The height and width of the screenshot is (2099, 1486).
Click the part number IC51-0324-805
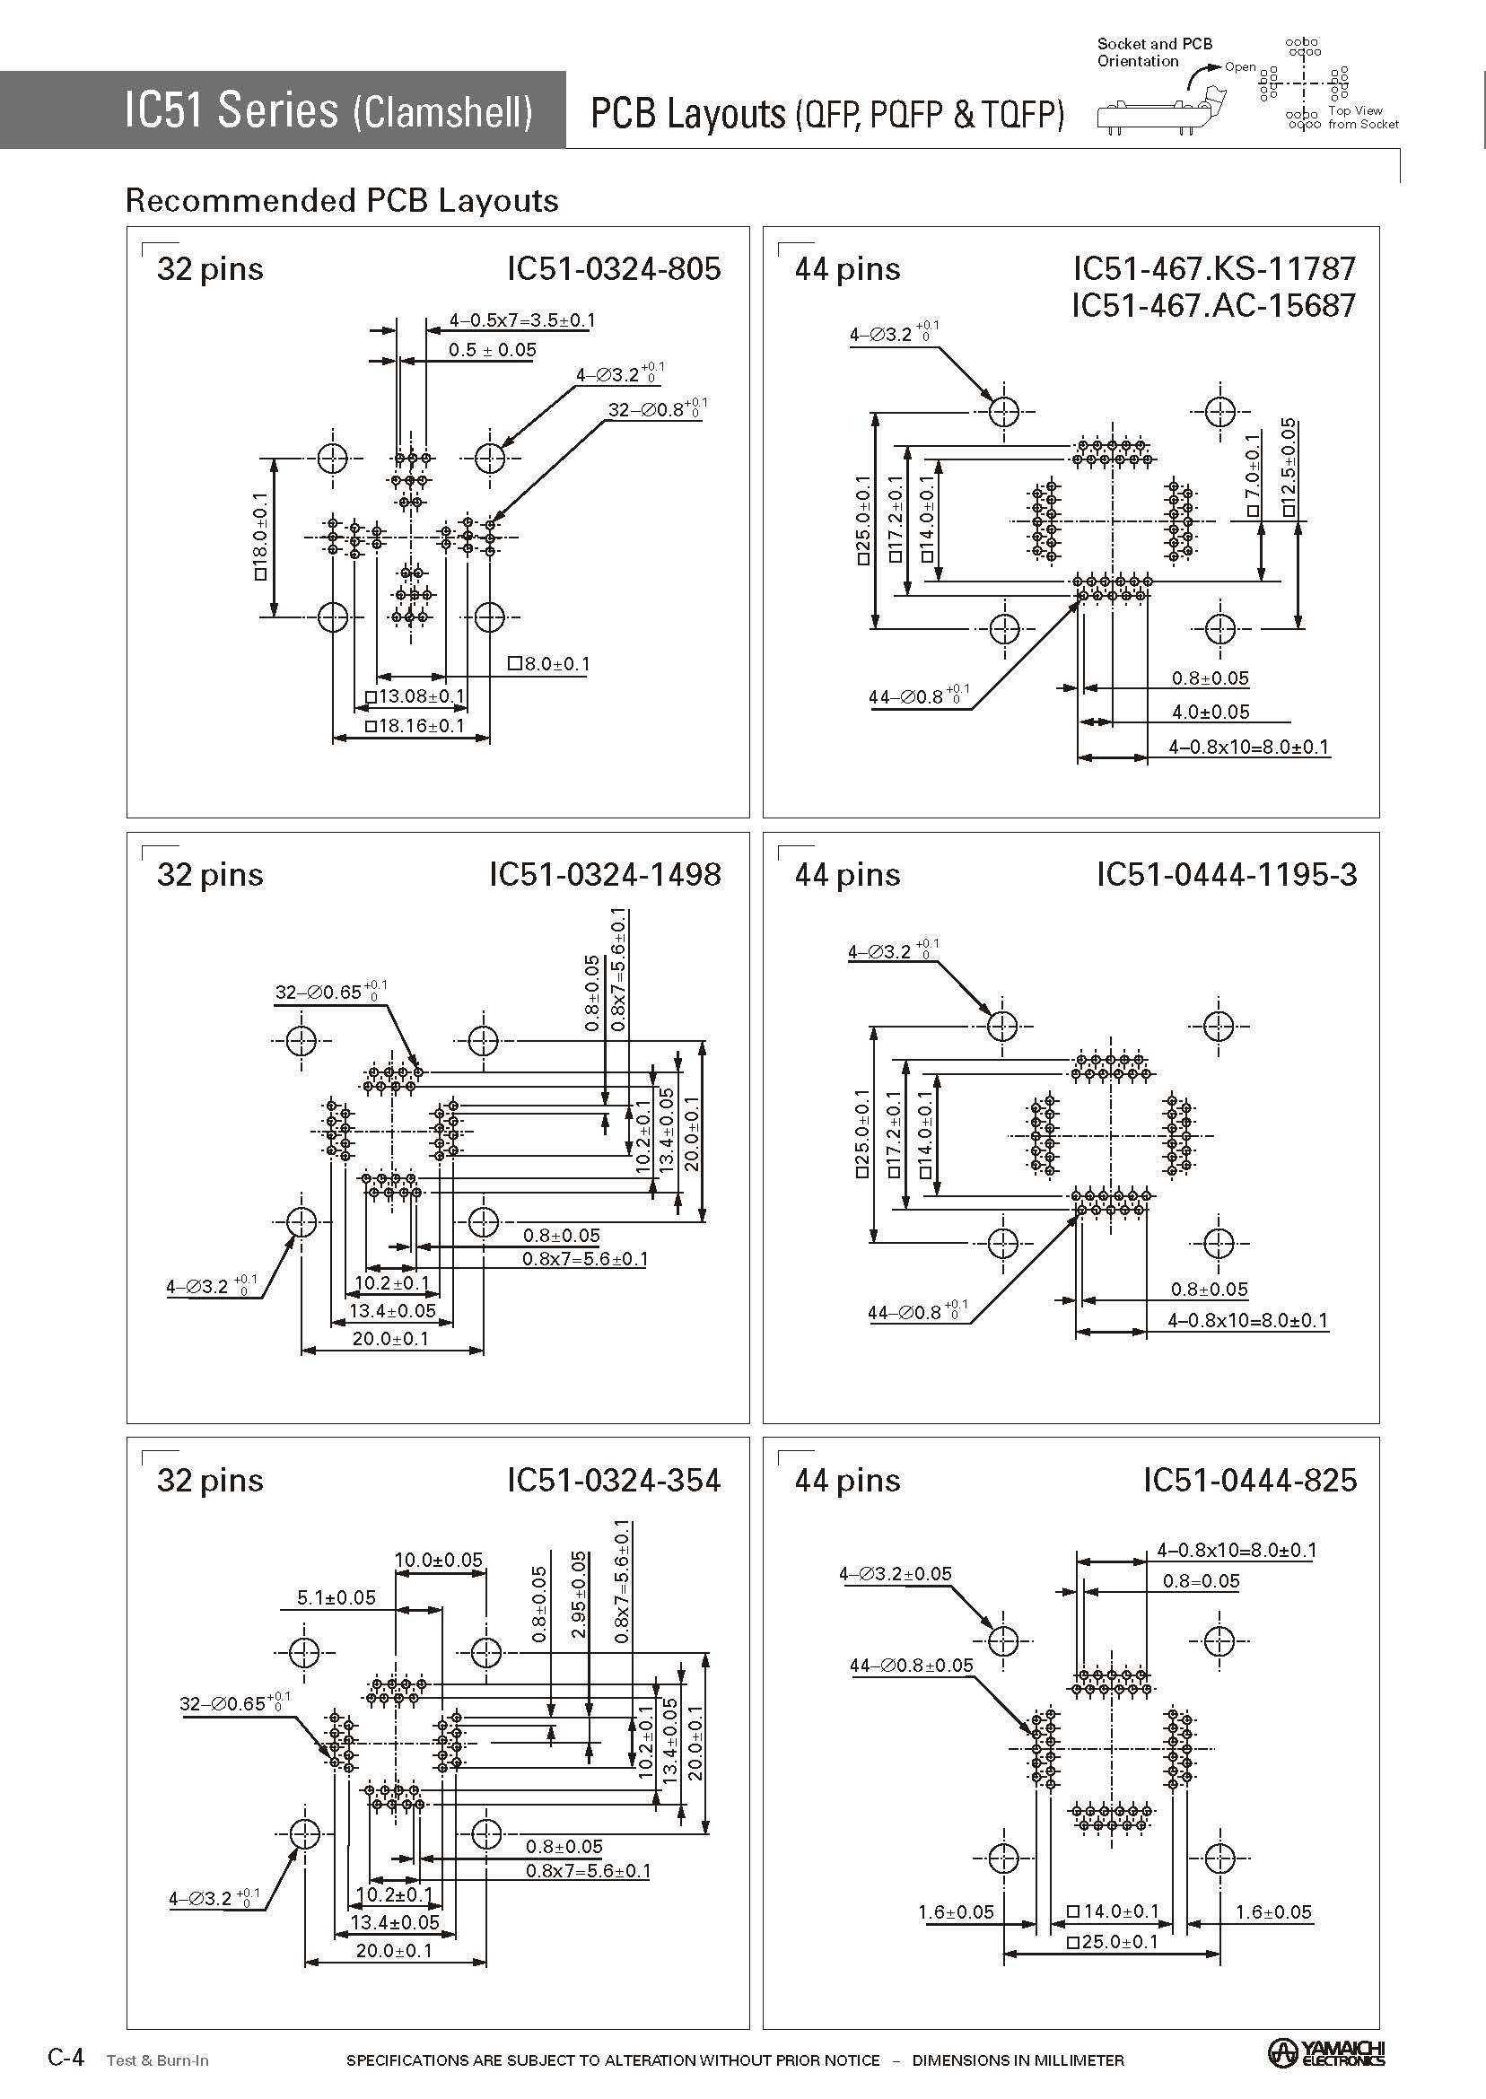[614, 269]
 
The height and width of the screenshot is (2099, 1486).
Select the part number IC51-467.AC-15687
[1213, 306]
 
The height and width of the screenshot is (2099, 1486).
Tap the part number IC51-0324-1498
[605, 875]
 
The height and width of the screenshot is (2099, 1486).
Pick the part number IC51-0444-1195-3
[1226, 875]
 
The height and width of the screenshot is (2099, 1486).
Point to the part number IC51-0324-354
[614, 1481]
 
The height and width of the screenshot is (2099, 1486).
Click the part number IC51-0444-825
[1249, 1481]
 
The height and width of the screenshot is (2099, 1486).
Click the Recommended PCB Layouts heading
[341, 200]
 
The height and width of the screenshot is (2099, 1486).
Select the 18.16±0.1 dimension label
[415, 726]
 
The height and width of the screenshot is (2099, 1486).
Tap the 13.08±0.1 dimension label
[415, 696]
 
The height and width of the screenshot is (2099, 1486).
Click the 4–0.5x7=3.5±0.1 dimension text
[521, 320]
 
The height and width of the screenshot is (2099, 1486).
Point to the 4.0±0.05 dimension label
[1211, 712]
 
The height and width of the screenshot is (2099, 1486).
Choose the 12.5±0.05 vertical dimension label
[1289, 468]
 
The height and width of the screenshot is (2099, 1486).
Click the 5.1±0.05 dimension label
[336, 1597]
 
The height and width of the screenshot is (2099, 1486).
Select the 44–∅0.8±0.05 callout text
[911, 1666]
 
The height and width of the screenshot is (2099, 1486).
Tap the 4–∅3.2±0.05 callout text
[895, 1574]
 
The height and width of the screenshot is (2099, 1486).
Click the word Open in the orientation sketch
[1240, 66]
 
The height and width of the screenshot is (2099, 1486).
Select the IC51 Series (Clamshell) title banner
[328, 110]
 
